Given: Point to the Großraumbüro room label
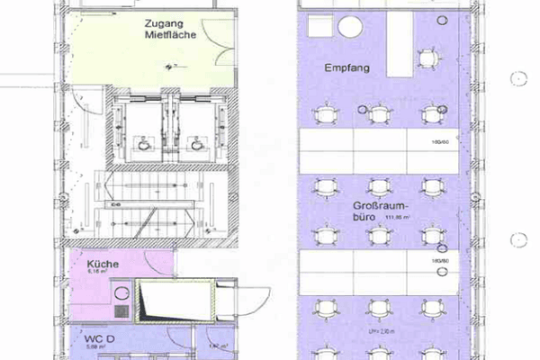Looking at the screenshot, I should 370,211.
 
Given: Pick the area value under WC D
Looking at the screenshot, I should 95,346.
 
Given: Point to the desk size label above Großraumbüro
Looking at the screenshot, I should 440,141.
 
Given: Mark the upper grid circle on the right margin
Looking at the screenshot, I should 518,79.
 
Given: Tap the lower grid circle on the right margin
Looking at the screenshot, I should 518,240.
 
